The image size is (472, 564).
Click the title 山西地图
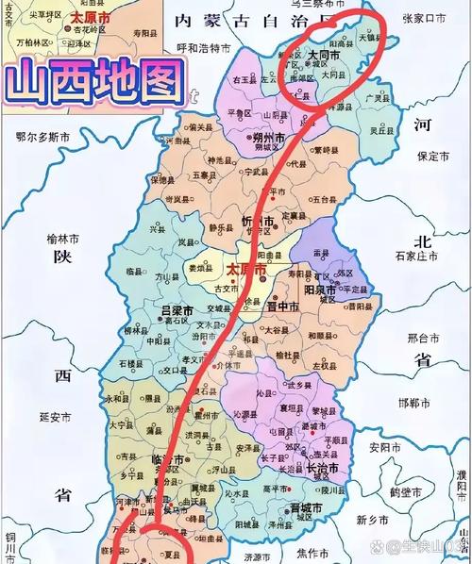tap(94, 84)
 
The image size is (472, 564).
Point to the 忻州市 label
tap(256, 222)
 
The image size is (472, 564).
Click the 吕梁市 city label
tap(177, 310)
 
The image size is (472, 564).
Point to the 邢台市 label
tap(423, 337)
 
